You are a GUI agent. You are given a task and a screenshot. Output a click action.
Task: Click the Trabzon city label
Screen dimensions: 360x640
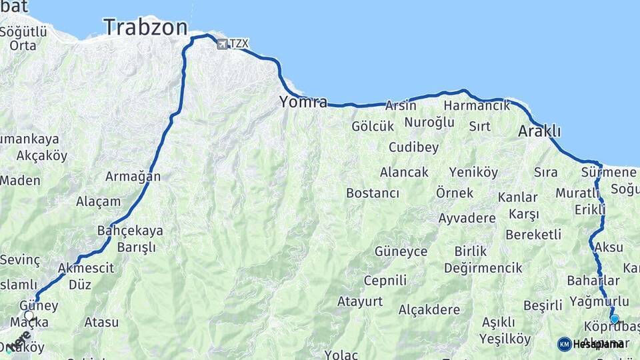coord(145,27)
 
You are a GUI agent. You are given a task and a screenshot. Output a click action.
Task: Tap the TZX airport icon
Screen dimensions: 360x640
coord(221,44)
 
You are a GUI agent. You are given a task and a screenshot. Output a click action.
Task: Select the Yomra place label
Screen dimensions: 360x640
coord(303,102)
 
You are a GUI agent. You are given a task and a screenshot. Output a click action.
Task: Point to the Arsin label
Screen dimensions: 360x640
coord(401,105)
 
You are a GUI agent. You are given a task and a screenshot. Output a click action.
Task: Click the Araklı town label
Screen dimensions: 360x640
coord(539,131)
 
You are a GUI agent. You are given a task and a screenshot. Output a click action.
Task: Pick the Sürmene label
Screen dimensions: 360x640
coord(609,173)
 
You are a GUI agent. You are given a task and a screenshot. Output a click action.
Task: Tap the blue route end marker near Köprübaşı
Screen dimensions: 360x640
coord(615,319)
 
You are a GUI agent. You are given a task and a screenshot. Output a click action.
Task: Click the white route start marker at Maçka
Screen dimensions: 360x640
coord(29,315)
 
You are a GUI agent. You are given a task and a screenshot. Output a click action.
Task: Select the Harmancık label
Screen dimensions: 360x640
coord(477,105)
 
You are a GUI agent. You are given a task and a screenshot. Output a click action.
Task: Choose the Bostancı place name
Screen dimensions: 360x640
coord(372,193)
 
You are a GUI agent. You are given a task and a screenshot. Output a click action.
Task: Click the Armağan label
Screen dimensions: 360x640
coord(133,177)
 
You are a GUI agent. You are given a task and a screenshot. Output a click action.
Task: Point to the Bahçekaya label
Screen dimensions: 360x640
coord(130,231)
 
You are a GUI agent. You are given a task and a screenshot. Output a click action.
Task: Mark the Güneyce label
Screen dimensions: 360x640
coord(401,251)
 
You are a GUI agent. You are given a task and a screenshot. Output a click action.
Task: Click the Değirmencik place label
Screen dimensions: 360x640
coord(483,267)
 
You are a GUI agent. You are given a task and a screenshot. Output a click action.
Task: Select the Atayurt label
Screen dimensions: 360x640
coord(360,301)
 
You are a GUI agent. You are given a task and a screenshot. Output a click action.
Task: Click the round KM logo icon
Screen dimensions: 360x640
coord(564,344)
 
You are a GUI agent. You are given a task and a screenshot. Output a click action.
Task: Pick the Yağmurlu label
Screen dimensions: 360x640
coord(599,301)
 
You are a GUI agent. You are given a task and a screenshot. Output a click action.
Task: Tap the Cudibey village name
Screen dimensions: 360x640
coord(413,147)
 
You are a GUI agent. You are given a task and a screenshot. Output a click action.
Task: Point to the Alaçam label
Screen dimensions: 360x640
coord(99,201)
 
